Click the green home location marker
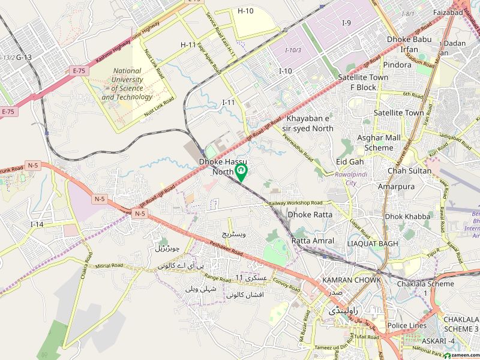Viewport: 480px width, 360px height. point(241,173)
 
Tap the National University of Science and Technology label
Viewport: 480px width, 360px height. point(127,84)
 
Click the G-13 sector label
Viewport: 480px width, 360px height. point(24,57)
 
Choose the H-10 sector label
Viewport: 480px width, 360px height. point(245,11)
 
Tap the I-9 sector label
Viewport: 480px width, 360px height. point(347,23)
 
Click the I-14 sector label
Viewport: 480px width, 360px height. point(37,224)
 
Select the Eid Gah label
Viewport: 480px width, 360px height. point(350,162)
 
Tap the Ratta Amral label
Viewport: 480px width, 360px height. point(313,241)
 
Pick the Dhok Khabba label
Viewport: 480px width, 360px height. point(408,216)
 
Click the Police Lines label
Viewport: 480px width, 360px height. point(407,326)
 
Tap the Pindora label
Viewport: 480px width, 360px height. point(397,65)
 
